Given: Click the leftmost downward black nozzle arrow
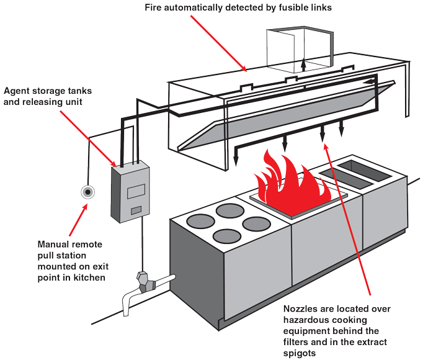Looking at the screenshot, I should point(236,160).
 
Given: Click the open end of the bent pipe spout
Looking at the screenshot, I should point(127,308).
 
